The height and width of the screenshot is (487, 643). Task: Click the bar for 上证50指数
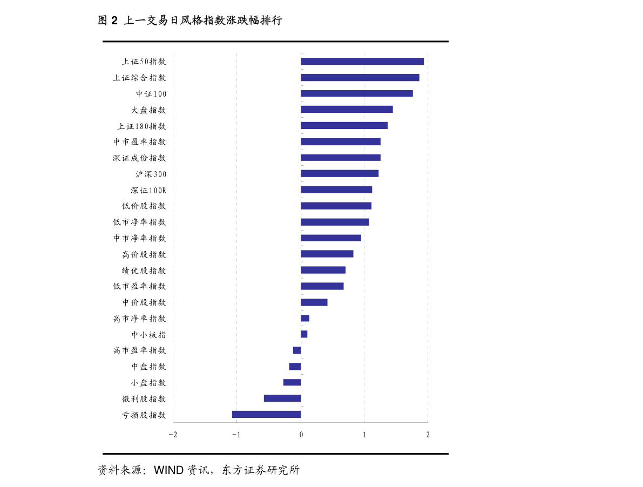[362, 61]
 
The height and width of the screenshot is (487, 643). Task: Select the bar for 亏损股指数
[266, 415]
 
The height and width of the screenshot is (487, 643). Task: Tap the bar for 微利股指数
[282, 398]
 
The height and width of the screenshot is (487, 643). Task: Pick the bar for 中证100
[356, 93]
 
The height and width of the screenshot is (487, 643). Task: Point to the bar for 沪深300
[339, 173]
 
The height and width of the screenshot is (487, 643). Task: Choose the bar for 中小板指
[304, 334]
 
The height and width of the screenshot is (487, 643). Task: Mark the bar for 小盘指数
[292, 382]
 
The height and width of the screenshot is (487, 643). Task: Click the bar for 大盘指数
[346, 110]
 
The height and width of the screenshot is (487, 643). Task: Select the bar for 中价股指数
[314, 302]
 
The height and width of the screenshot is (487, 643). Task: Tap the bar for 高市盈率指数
[296, 350]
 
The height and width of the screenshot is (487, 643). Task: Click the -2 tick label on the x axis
[172, 435]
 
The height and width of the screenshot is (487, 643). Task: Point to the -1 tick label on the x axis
[236, 435]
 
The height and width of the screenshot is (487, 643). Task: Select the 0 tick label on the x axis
[301, 435]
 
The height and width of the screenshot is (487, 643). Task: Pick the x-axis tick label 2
[428, 435]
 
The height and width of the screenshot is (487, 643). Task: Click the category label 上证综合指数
[139, 78]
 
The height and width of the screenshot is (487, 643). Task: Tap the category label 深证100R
[148, 190]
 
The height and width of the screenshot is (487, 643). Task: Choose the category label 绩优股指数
[144, 270]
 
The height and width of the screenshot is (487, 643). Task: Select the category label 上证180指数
[141, 126]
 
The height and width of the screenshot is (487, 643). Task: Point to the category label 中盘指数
[148, 367]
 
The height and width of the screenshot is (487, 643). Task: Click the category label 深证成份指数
[139, 158]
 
